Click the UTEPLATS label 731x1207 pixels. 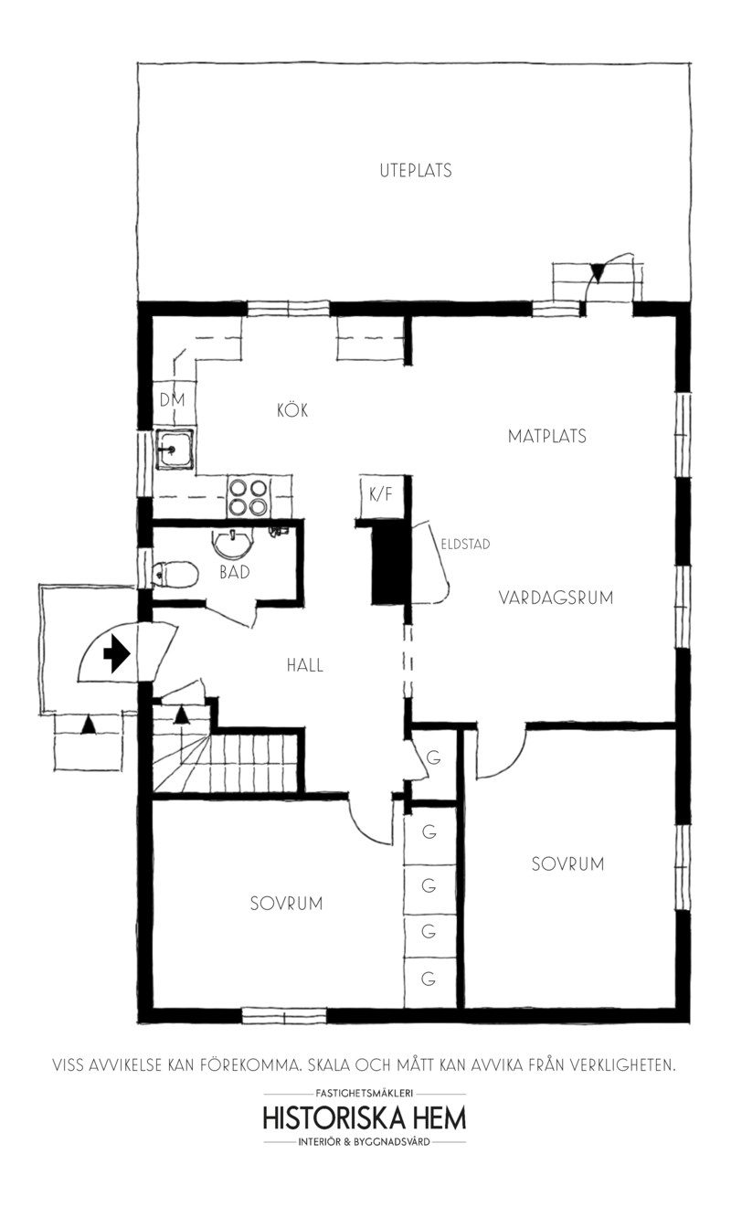click(x=415, y=170)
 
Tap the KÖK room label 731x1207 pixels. click(x=293, y=411)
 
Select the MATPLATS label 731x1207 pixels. click(x=546, y=436)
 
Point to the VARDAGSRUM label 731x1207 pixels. click(x=556, y=598)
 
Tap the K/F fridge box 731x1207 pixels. click(x=380, y=493)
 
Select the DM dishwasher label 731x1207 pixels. click(x=172, y=399)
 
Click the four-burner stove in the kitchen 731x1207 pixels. click(x=248, y=498)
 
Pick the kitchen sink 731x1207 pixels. click(x=173, y=448)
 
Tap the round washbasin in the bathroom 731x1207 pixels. click(x=235, y=545)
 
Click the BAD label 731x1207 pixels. click(x=235, y=573)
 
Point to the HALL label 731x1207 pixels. click(x=305, y=665)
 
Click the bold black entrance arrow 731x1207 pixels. click(x=117, y=654)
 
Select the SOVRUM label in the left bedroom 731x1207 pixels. click(x=286, y=903)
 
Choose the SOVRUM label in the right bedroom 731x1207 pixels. click(x=567, y=863)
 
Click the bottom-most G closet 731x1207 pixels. click(x=428, y=979)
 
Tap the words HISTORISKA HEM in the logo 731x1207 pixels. click(x=365, y=1118)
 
